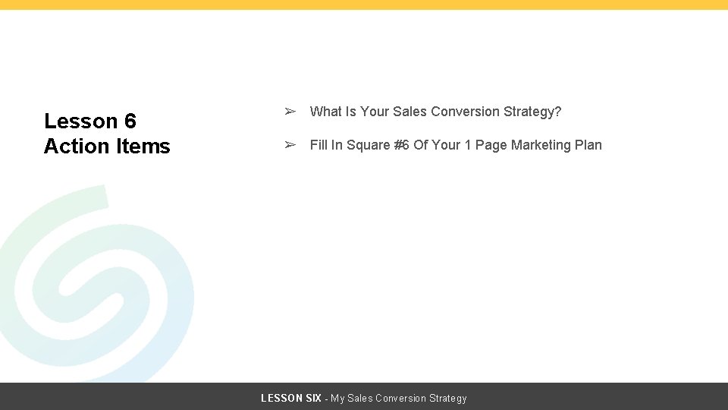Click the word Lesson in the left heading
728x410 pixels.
(80, 121)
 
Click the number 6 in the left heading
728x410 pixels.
(130, 121)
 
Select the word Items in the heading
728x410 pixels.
(143, 146)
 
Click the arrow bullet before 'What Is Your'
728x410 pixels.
(290, 112)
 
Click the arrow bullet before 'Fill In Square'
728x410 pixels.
(290, 145)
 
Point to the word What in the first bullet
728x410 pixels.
(326, 112)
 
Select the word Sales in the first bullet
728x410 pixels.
(409, 112)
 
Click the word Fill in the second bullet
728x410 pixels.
(318, 145)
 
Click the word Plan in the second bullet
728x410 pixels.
(588, 145)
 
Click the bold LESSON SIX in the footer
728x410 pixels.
(291, 398)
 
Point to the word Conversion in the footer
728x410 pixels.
(400, 398)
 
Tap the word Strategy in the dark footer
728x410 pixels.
(448, 399)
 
